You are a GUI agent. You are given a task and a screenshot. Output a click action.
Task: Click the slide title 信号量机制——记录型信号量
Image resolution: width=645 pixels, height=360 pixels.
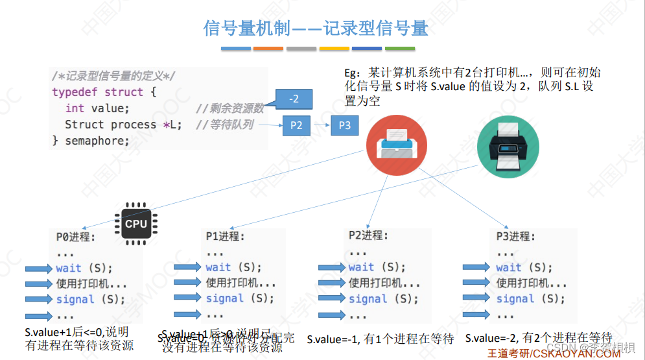pos(316,29)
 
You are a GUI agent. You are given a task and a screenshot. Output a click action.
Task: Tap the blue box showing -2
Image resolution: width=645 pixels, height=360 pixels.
pos(294,99)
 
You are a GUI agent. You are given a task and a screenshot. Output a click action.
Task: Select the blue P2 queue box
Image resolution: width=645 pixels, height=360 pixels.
pos(296,125)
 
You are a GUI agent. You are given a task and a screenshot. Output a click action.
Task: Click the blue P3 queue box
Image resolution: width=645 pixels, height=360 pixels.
pos(344,125)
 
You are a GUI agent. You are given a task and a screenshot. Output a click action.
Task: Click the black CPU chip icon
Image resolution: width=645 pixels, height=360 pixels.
pos(136,224)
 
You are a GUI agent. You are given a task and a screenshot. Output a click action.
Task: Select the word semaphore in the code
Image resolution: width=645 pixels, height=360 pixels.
pos(97,141)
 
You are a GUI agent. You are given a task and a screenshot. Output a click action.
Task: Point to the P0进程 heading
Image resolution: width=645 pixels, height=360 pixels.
pos(76,237)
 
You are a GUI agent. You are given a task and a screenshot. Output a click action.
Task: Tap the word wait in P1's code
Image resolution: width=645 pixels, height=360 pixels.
pos(218,267)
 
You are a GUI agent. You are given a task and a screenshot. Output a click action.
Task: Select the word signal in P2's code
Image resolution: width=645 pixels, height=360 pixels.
pos(368,299)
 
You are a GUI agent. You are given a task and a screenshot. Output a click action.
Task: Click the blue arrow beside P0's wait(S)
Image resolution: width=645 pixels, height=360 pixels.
pos(38,269)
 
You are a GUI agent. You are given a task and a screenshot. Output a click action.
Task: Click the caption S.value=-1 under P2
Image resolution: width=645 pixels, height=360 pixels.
pos(380,339)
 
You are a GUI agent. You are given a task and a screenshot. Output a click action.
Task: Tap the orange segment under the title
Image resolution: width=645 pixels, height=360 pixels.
pos(268,49)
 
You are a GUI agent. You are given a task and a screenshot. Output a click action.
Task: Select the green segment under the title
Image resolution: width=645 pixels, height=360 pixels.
pos(399,49)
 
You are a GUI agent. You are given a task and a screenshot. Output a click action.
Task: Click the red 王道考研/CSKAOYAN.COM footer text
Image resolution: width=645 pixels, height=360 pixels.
pos(554,354)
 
